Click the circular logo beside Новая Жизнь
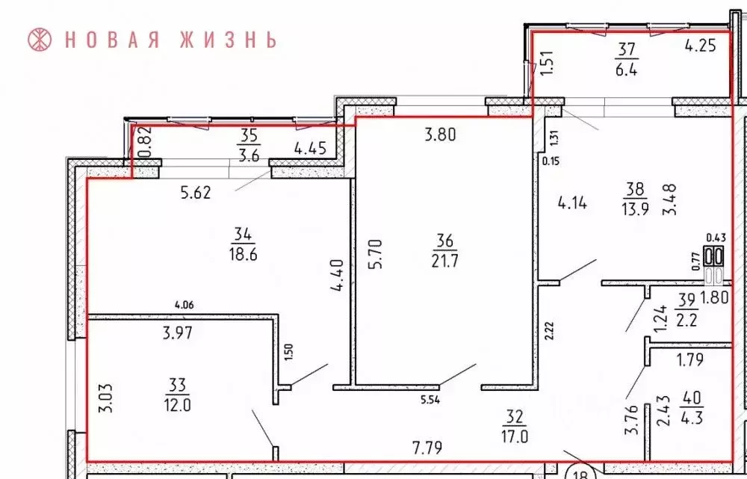coord(40,39)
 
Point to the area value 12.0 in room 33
coord(176,402)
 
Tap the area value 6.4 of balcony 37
coord(625,66)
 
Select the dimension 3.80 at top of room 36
coord(441,135)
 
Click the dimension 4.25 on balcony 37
coord(701,45)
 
